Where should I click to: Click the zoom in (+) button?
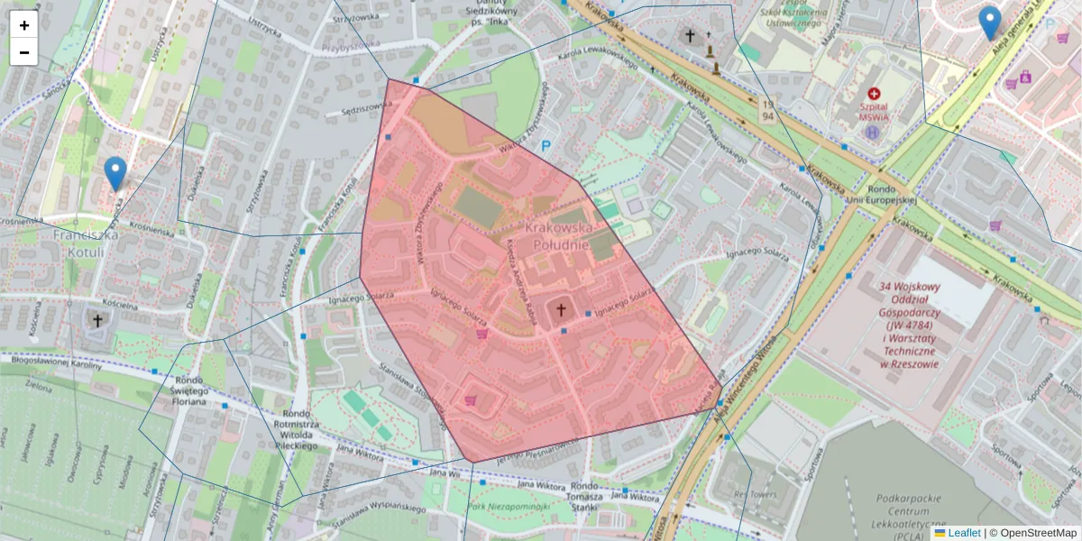tap(24, 25)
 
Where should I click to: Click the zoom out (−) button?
tap(24, 52)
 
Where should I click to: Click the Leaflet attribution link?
tap(964, 533)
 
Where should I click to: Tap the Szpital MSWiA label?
tap(873, 111)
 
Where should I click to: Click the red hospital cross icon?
tap(873, 94)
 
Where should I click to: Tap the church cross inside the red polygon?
tap(561, 310)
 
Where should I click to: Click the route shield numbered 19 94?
tap(767, 111)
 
